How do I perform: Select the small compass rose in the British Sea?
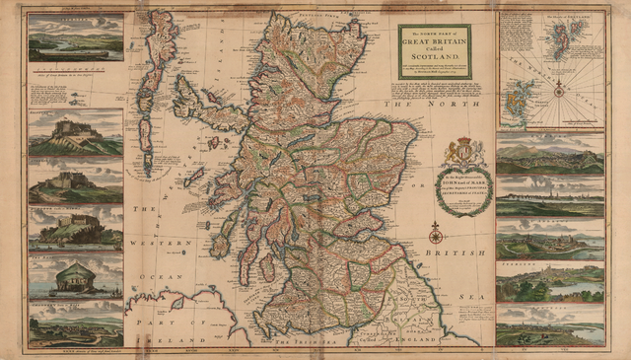coord(434,234)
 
